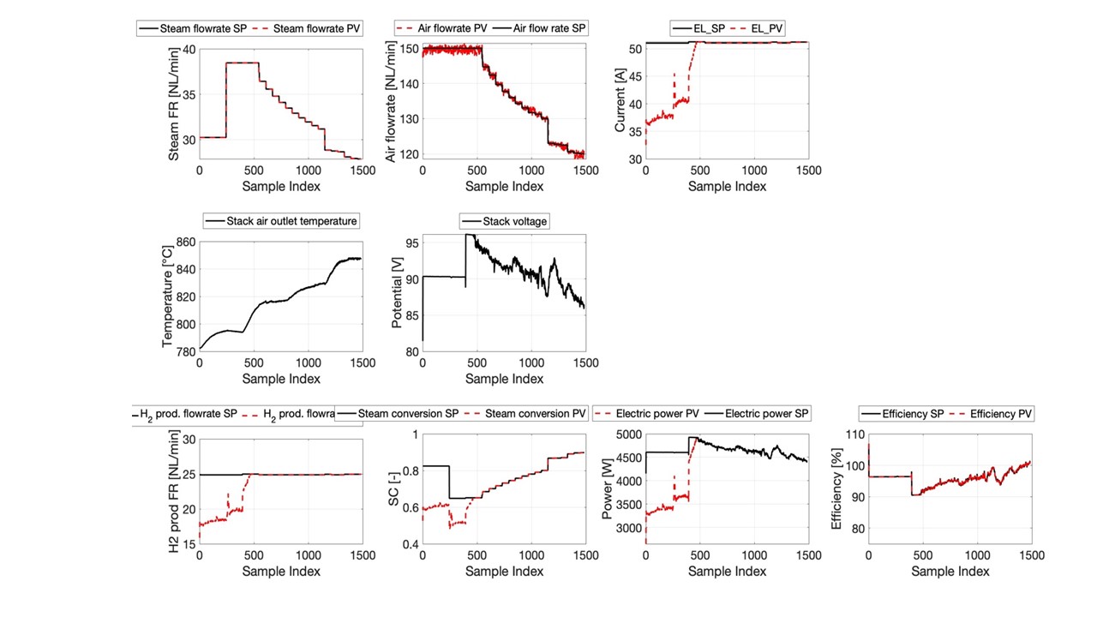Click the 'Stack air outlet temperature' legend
tap(281, 221)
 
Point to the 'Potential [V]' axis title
tap(397, 297)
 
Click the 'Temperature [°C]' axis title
tap(168, 297)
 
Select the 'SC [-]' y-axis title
tap(397, 489)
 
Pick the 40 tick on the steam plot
tap(189, 49)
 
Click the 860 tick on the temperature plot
tap(185, 242)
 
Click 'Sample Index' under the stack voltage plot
tap(504, 379)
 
